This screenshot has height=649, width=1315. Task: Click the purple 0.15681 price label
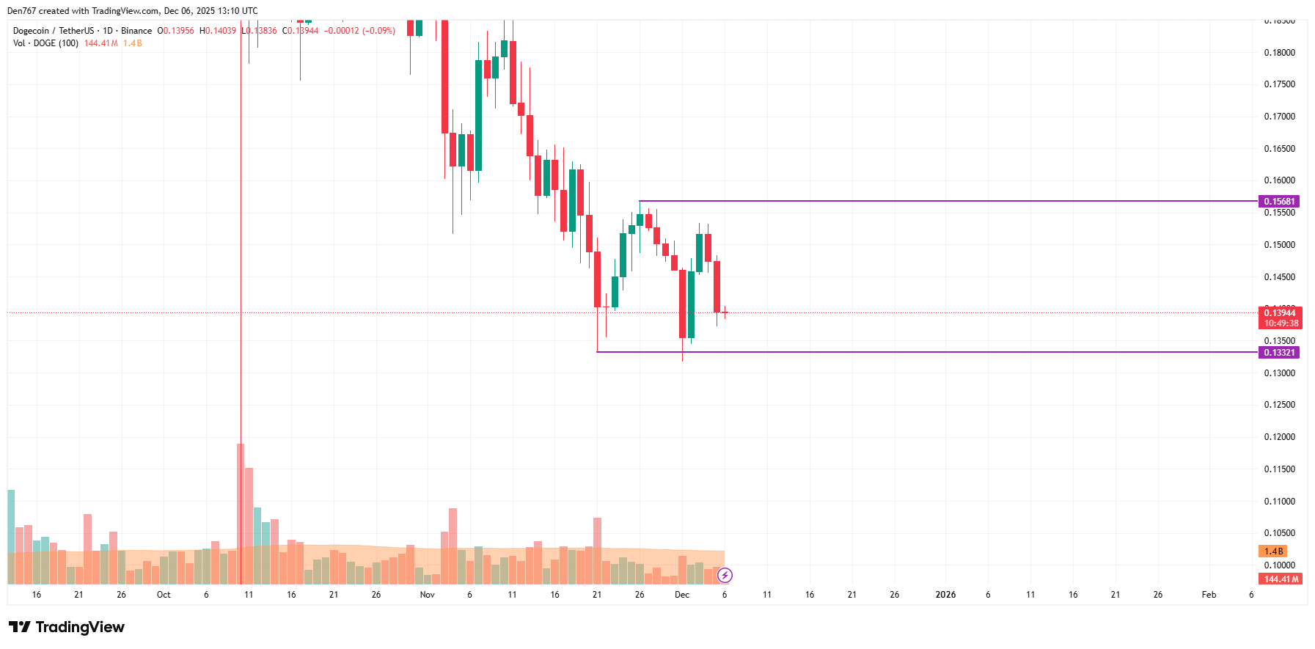click(x=1278, y=202)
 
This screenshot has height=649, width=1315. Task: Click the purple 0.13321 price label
click(x=1278, y=353)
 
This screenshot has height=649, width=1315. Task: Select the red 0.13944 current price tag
click(x=1280, y=313)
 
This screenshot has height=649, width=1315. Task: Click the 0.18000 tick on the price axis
click(x=1279, y=53)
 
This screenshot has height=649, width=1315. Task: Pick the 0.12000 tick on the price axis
click(x=1279, y=437)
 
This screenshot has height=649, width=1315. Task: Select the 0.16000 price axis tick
click(x=1279, y=180)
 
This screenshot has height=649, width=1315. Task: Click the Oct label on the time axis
click(x=164, y=595)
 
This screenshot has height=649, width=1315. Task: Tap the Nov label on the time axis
click(x=427, y=595)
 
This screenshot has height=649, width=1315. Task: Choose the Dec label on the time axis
click(x=682, y=595)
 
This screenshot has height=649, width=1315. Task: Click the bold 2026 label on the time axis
click(x=945, y=595)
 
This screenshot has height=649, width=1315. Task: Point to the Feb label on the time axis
click(x=1209, y=595)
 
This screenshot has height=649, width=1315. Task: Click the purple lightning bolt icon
click(x=725, y=576)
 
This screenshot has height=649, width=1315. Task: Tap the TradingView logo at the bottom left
click(x=67, y=627)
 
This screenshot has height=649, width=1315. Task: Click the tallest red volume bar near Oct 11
click(x=241, y=513)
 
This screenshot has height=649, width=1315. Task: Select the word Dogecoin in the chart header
click(x=31, y=31)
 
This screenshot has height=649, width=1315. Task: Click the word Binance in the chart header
click(x=136, y=31)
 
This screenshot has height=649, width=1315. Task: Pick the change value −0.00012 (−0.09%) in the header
click(x=359, y=31)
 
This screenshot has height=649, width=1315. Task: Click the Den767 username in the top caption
click(x=21, y=11)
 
